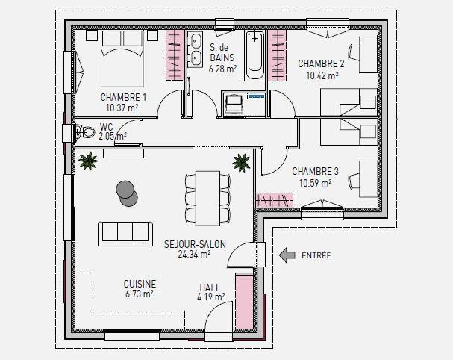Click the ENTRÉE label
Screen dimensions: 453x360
[316, 255]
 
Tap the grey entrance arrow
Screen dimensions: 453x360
[287, 255]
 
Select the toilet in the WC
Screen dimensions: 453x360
[85, 133]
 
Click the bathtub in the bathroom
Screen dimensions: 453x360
[254, 55]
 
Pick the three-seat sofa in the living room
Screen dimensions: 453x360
[125, 234]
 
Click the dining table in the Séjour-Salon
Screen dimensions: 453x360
[207, 198]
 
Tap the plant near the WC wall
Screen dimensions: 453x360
[88, 161]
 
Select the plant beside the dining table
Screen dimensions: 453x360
[241, 163]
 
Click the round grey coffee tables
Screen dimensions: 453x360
[127, 193]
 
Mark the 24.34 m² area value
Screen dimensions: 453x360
[194, 255]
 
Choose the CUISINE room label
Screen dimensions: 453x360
[140, 284]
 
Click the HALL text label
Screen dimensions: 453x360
[210, 288]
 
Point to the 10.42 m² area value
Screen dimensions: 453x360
[322, 75]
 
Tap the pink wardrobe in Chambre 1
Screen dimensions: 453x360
[175, 55]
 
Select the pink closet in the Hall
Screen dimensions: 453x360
[245, 301]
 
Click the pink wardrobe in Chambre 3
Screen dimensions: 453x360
[274, 200]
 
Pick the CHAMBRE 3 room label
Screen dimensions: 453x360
[315, 172]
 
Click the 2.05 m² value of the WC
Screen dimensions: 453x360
[113, 136]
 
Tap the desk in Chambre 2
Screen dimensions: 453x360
[368, 55]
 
